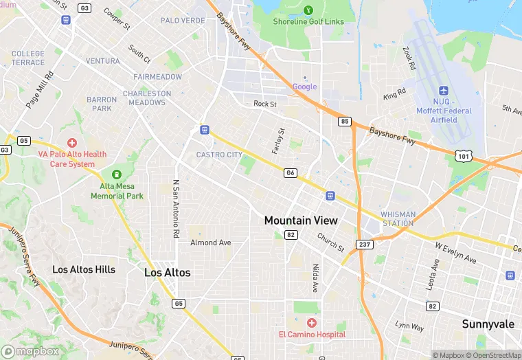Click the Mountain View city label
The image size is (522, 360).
(301, 221)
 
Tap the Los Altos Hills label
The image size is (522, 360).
(84, 269)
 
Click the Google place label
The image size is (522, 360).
(305, 87)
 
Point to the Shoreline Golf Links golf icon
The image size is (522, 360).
(308, 10)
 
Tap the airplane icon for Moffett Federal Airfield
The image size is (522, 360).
(444, 91)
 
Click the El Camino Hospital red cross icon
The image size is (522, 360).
(311, 322)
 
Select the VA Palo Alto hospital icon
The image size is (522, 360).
(72, 143)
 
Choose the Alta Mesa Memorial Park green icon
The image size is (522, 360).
(117, 174)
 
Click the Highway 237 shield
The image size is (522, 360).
(364, 245)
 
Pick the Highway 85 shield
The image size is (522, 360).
(345, 122)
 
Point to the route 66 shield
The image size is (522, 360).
(291, 173)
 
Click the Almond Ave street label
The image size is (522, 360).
(211, 243)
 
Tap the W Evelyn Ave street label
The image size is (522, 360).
(455, 251)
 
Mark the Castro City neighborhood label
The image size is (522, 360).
(219, 155)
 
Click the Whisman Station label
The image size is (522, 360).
(398, 218)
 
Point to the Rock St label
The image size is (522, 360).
(264, 104)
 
